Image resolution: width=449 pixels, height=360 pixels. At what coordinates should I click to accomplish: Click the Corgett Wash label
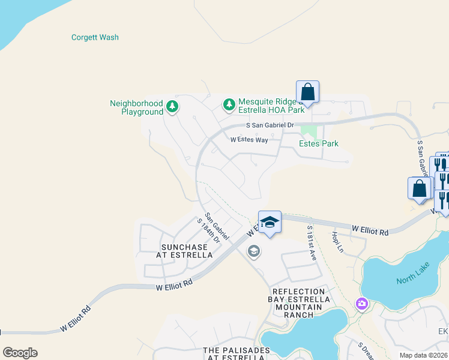coord(95,37)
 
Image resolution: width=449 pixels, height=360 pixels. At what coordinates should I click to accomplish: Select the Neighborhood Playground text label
coord(136,107)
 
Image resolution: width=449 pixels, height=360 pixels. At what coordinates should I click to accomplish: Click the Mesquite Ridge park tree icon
coord(229,105)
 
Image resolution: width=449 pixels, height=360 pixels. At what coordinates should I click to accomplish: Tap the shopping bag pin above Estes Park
coord(307,92)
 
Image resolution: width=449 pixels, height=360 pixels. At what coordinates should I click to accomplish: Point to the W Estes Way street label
coord(249,140)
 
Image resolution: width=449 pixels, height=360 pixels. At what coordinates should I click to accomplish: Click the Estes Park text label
coord(319,143)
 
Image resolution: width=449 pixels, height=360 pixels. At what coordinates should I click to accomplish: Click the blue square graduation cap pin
coord(270,223)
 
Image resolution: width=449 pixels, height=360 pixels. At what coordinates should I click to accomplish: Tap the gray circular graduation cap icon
coord(253,251)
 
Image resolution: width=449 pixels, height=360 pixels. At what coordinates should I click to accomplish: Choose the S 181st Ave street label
coord(312,242)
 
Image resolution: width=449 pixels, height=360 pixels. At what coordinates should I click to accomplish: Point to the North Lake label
coord(411,280)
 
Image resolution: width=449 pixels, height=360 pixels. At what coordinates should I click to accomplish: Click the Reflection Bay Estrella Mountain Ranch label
coord(300,303)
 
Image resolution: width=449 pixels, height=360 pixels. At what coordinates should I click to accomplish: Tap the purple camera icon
coord(362,304)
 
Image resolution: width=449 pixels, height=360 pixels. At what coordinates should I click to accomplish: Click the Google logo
coord(20,353)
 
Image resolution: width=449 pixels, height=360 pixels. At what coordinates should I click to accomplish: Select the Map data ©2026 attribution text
coord(423,355)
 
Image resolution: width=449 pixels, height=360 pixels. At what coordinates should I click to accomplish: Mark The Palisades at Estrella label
coord(235,354)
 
